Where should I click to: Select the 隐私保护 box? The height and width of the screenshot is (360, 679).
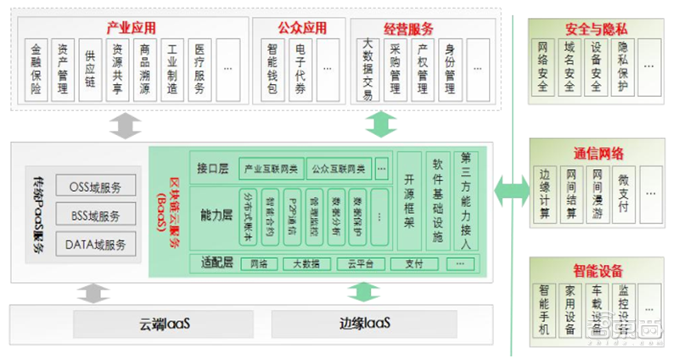point(623,65)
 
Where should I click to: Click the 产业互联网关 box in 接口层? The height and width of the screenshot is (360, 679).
point(271,166)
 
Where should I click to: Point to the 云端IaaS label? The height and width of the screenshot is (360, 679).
point(166,323)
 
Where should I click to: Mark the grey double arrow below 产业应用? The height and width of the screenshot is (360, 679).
point(125,124)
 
